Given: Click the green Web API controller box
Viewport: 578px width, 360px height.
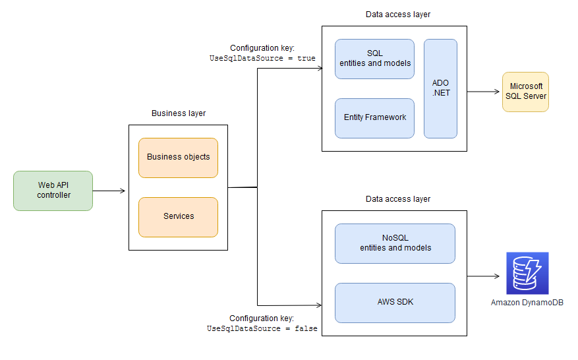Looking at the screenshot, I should coord(53,191).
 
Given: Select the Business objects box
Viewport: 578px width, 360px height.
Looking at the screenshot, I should coord(178,158).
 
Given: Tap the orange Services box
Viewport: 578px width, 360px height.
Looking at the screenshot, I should coord(178,217).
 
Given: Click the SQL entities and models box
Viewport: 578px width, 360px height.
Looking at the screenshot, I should coord(374,59).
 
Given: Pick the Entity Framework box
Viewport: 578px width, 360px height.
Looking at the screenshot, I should coord(374,118).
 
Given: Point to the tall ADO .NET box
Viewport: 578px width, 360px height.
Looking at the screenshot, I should coord(440,88).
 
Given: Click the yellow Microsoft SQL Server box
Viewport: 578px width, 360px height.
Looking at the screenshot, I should coord(525,92).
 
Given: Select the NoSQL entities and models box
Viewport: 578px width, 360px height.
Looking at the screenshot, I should coord(395,243).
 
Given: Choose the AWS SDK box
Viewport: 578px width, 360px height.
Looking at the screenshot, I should coord(395,303).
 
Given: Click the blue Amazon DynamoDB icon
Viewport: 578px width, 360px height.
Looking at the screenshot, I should coord(527,273).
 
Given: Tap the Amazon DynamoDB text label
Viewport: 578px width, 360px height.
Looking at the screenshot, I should coord(527,303).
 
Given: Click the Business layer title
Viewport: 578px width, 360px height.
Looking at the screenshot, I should coord(178,113).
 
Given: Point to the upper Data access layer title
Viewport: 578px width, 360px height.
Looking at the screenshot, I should coord(397,15).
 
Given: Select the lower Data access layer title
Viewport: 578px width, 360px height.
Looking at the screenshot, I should coord(397,199).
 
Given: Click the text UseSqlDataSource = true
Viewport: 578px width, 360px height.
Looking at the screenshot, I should coord(262,58).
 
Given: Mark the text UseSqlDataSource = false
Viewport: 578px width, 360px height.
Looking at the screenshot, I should coord(262,328).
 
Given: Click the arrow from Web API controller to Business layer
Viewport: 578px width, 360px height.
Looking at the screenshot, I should coord(109,191).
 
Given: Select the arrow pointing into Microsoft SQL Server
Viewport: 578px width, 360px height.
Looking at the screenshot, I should coord(484,92).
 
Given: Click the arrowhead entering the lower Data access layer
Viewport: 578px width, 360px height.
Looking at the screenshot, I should coord(318,305).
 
